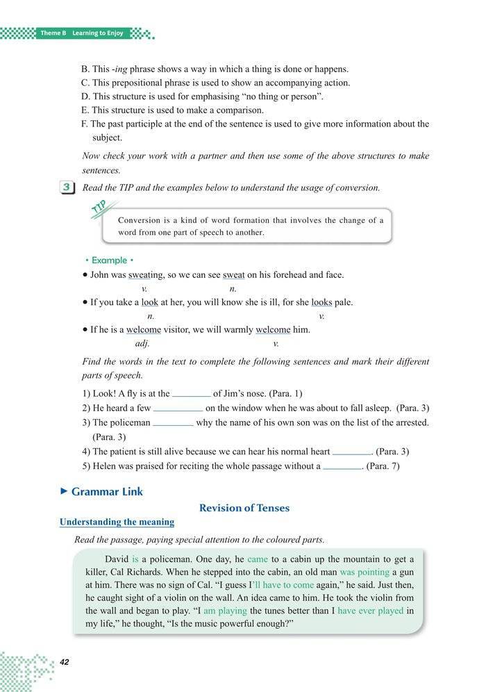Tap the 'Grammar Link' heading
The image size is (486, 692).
pos(106,491)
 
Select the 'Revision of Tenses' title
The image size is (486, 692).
pos(244,508)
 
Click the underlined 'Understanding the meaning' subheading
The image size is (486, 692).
pos(117,522)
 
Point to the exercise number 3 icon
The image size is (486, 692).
pos(68,188)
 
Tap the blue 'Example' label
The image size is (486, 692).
pos(108,260)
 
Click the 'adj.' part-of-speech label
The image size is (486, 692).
pos(142,343)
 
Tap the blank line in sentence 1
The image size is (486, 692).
pos(191,393)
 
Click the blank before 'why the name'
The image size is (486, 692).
pos(173,422)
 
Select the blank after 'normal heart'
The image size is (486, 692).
pos(352,452)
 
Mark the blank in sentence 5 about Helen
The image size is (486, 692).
pos(343,467)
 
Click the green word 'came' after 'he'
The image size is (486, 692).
pos(257,559)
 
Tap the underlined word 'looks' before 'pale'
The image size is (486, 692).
pos(321,302)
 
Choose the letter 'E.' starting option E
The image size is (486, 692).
pos(85,110)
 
